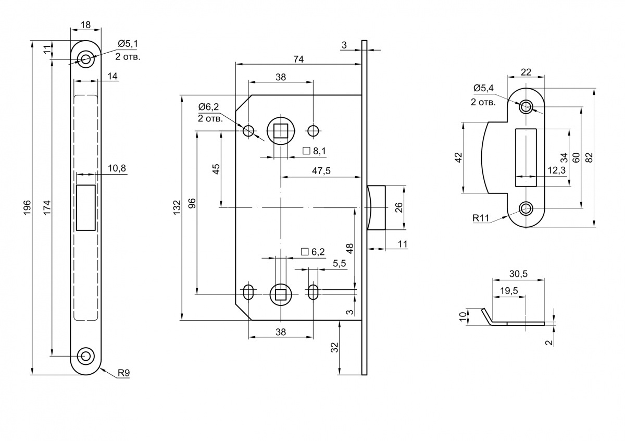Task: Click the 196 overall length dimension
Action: [x=27, y=207]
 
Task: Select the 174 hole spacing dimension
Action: [x=47, y=207]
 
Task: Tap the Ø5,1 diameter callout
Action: [x=128, y=44]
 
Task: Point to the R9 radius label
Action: [x=123, y=373]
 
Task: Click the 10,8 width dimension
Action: [x=117, y=168]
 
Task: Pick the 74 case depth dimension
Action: [x=298, y=59]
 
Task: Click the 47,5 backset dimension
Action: [x=321, y=170]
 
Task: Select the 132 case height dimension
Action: [x=177, y=207]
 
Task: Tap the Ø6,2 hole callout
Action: [x=208, y=107]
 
